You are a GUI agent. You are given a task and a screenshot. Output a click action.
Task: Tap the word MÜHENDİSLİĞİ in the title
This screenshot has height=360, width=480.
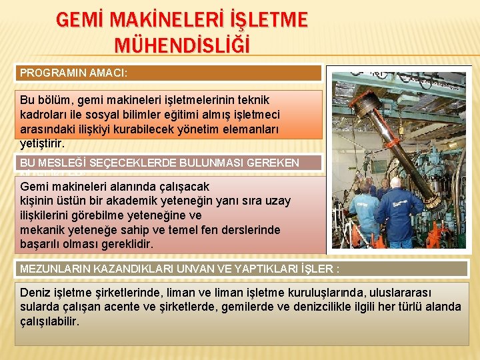(182, 45)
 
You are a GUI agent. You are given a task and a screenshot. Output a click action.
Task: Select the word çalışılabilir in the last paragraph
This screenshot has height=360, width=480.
(49, 321)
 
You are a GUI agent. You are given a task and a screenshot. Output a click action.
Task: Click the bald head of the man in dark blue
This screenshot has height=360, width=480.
(396, 182)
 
